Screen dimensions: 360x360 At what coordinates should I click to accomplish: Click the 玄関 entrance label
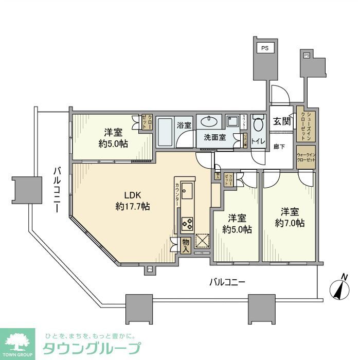pos(281,121)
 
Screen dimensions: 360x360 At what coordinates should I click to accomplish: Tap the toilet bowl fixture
pos(258,123)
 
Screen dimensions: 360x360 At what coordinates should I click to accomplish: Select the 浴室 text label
pos(184,124)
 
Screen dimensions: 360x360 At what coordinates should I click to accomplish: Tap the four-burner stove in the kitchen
pos(187,224)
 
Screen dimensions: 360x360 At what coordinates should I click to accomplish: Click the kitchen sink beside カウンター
pos(187,191)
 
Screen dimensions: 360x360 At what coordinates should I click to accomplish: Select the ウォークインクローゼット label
pos(305,157)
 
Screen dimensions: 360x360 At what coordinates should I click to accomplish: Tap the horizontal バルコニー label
pos(227,282)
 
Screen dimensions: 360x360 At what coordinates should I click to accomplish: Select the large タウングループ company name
pos(92,348)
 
